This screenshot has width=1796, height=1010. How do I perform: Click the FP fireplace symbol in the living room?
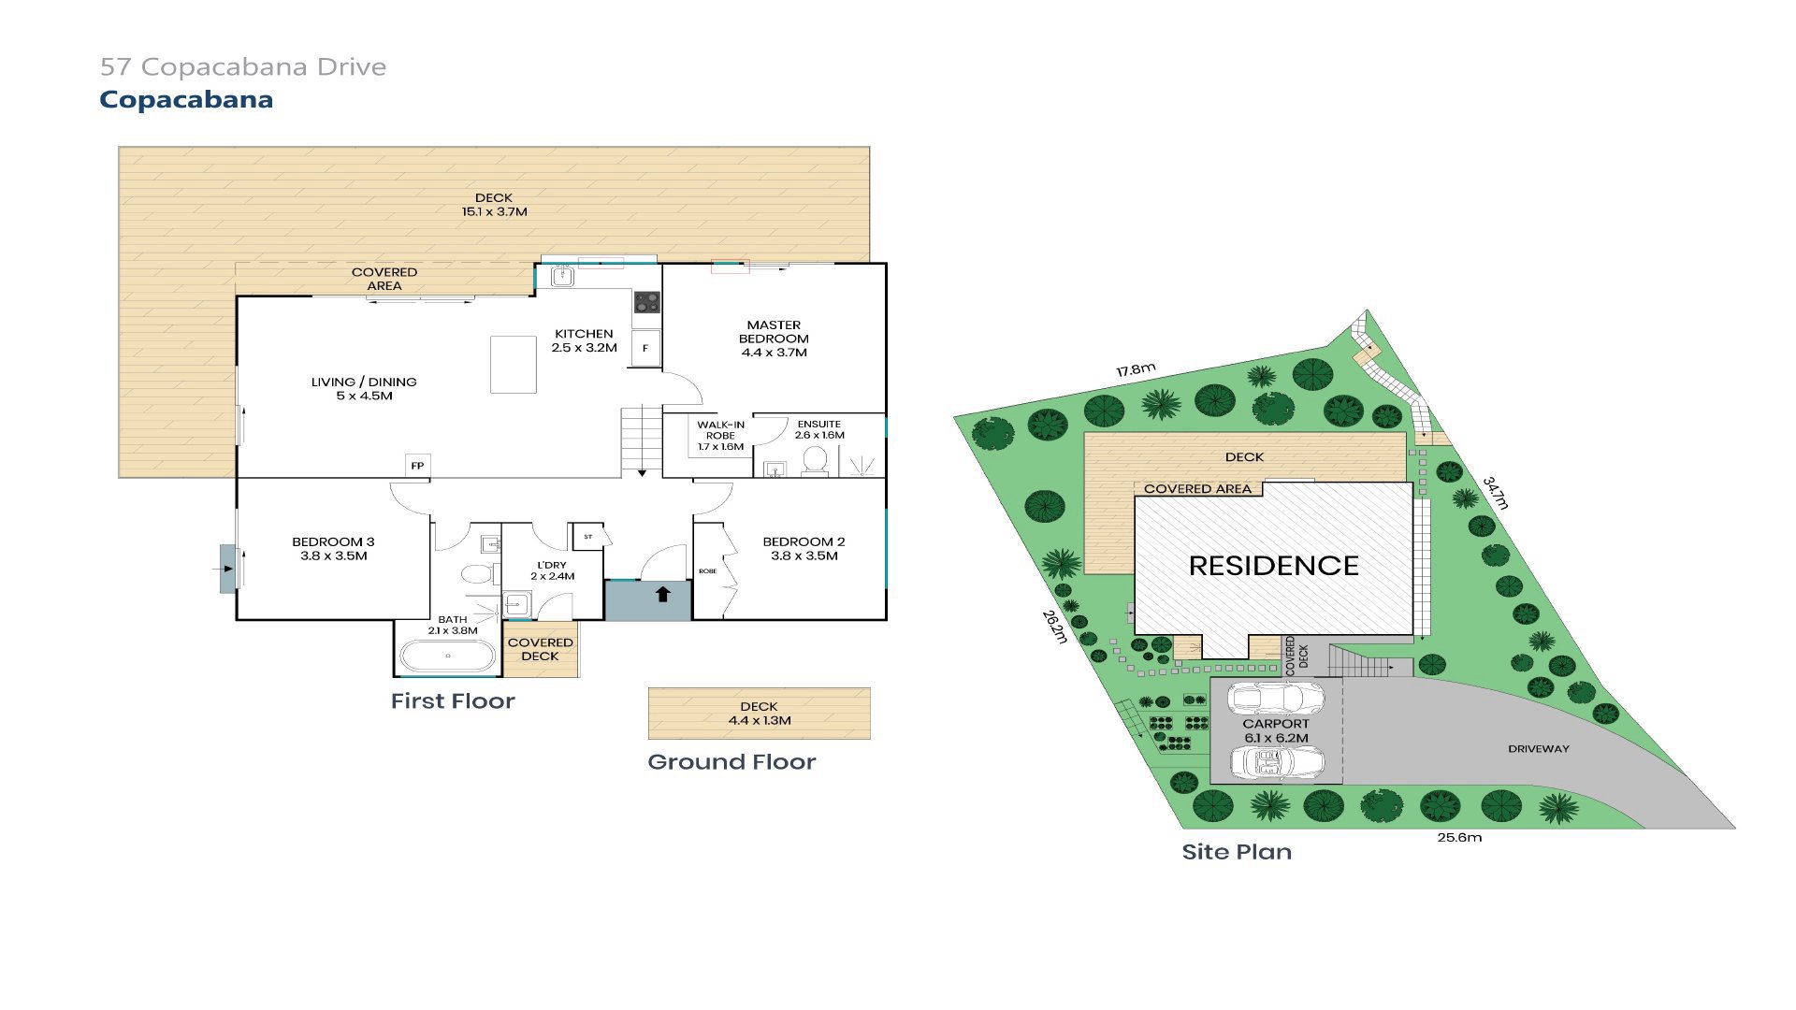(417, 466)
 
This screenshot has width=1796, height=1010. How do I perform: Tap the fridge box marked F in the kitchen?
(645, 348)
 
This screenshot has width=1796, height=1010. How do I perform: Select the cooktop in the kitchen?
(646, 302)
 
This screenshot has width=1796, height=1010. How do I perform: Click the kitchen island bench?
(514, 365)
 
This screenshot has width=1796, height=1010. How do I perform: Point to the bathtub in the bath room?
(448, 656)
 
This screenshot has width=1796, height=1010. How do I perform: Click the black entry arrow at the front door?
(662, 593)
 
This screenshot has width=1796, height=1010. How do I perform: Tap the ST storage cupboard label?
(588, 537)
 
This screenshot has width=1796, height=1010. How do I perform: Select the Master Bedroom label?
(774, 339)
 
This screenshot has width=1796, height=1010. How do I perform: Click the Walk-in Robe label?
(720, 436)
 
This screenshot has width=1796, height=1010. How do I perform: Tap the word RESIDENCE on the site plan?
(1273, 566)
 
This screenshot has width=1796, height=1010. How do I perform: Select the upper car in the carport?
(1275, 699)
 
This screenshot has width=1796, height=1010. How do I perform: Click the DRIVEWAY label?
(1539, 749)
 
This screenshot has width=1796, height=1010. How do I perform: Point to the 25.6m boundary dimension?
(1459, 838)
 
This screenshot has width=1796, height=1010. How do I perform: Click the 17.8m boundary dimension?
(1136, 370)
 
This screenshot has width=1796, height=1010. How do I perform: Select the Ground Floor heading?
(731, 762)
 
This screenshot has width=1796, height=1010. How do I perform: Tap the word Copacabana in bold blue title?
(186, 100)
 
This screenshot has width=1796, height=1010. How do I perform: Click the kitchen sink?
(562, 277)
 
